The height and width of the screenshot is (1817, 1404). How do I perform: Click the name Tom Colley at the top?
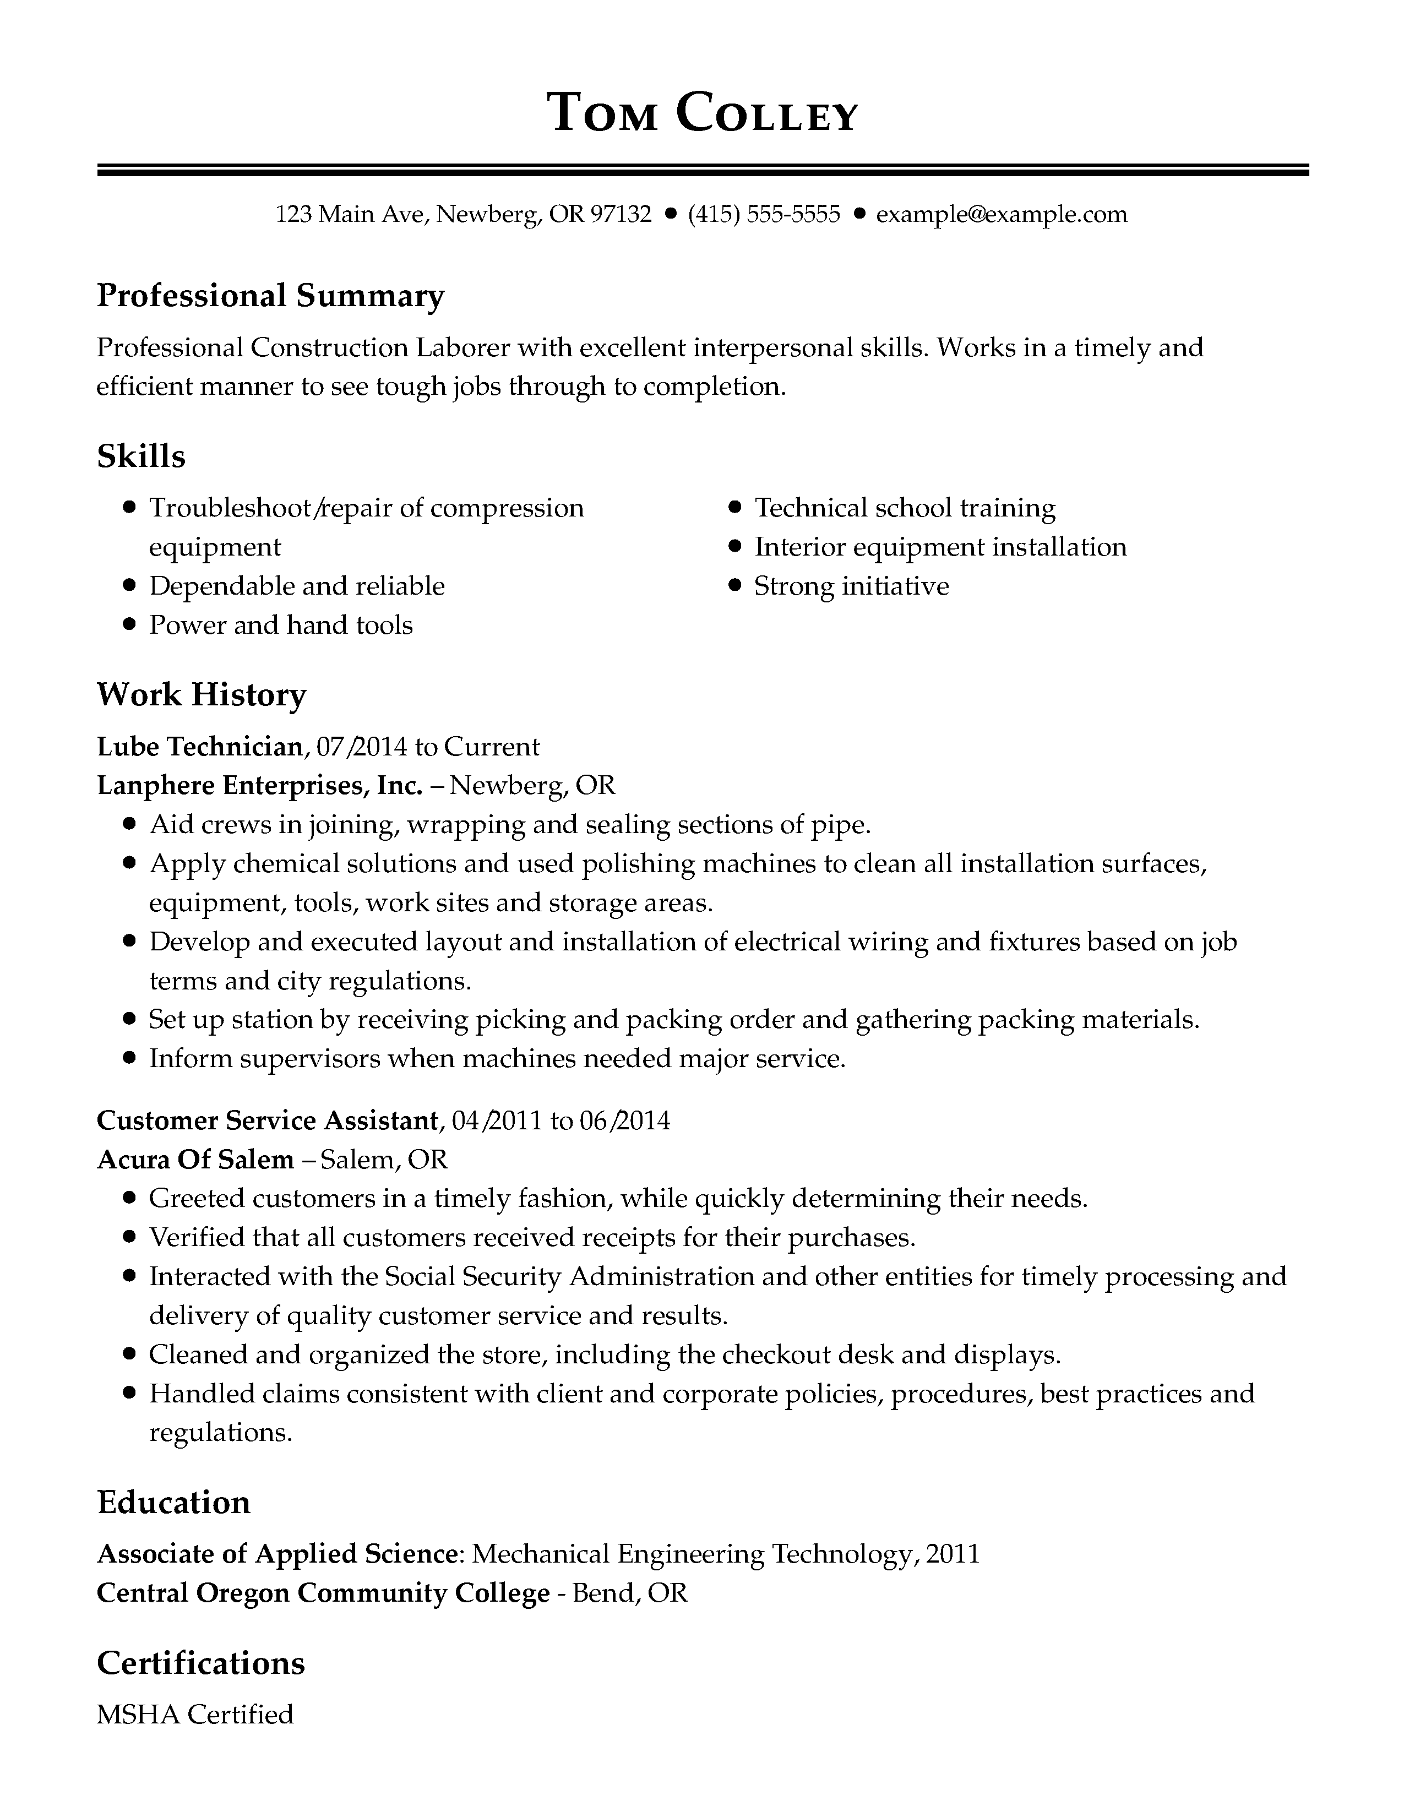pyautogui.click(x=702, y=113)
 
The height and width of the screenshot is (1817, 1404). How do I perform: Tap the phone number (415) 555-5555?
pyautogui.click(x=764, y=215)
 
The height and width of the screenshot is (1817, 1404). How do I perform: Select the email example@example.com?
pyautogui.click(x=1002, y=215)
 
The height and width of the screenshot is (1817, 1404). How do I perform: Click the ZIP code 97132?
pyautogui.click(x=621, y=215)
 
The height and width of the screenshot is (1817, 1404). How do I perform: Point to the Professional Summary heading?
pyautogui.click(x=270, y=295)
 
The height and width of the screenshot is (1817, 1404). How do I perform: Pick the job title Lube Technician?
pyautogui.click(x=200, y=746)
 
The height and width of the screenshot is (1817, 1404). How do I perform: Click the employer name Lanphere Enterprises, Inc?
pyautogui.click(x=259, y=785)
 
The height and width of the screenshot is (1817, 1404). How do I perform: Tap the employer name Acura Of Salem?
pyautogui.click(x=195, y=1160)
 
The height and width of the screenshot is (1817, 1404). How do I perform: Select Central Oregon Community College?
pyautogui.click(x=323, y=1593)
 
